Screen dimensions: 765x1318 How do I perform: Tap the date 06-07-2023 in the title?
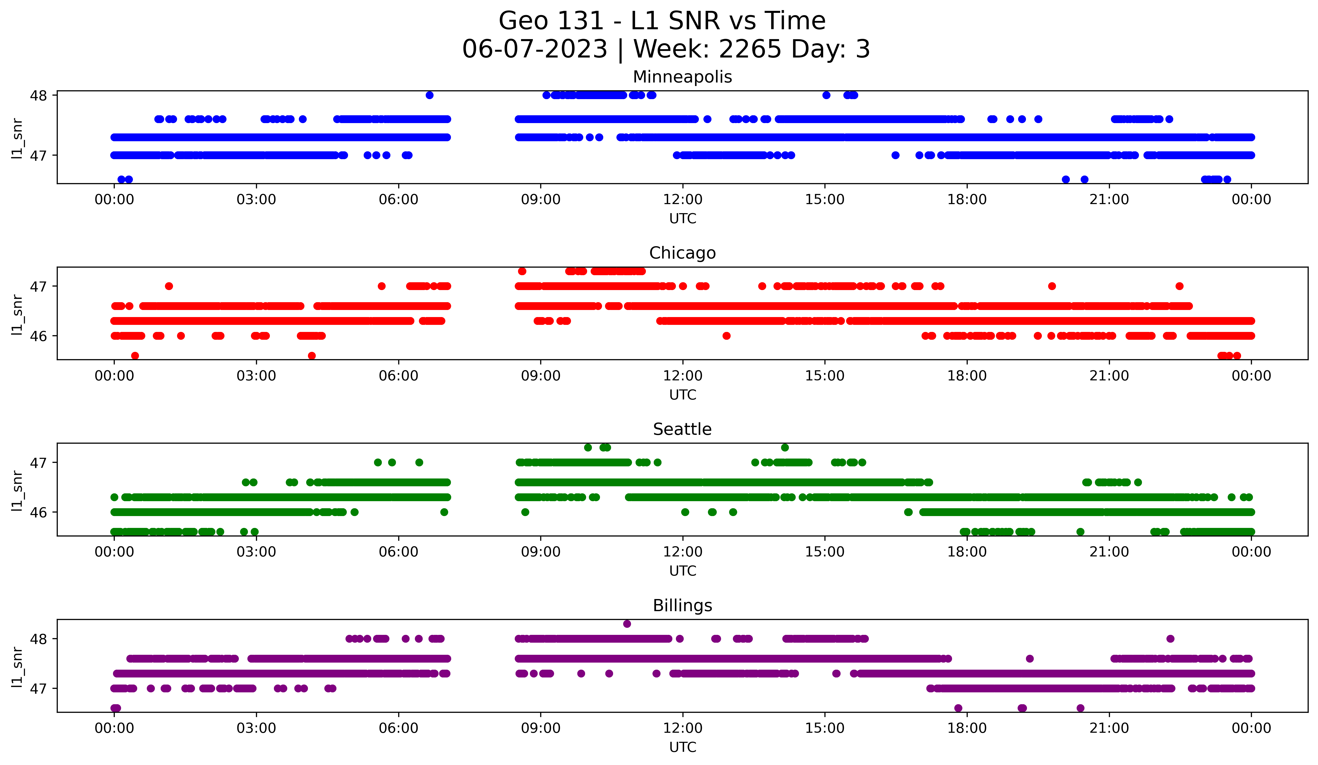[534, 49]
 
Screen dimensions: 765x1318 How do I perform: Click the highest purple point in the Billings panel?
[627, 624]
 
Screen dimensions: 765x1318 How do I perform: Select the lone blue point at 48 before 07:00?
[429, 95]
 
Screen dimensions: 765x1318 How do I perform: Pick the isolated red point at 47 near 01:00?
[168, 286]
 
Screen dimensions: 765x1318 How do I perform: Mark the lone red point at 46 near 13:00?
[727, 336]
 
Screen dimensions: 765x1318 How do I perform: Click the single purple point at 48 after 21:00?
[1170, 638]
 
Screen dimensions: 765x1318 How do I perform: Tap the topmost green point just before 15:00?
[785, 448]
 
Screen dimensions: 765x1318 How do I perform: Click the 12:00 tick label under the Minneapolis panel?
[682, 200]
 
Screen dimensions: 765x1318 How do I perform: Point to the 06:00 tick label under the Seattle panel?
[398, 552]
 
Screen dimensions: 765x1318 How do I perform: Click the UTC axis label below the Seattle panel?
[682, 571]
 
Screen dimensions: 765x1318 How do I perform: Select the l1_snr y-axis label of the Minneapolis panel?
[17, 138]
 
